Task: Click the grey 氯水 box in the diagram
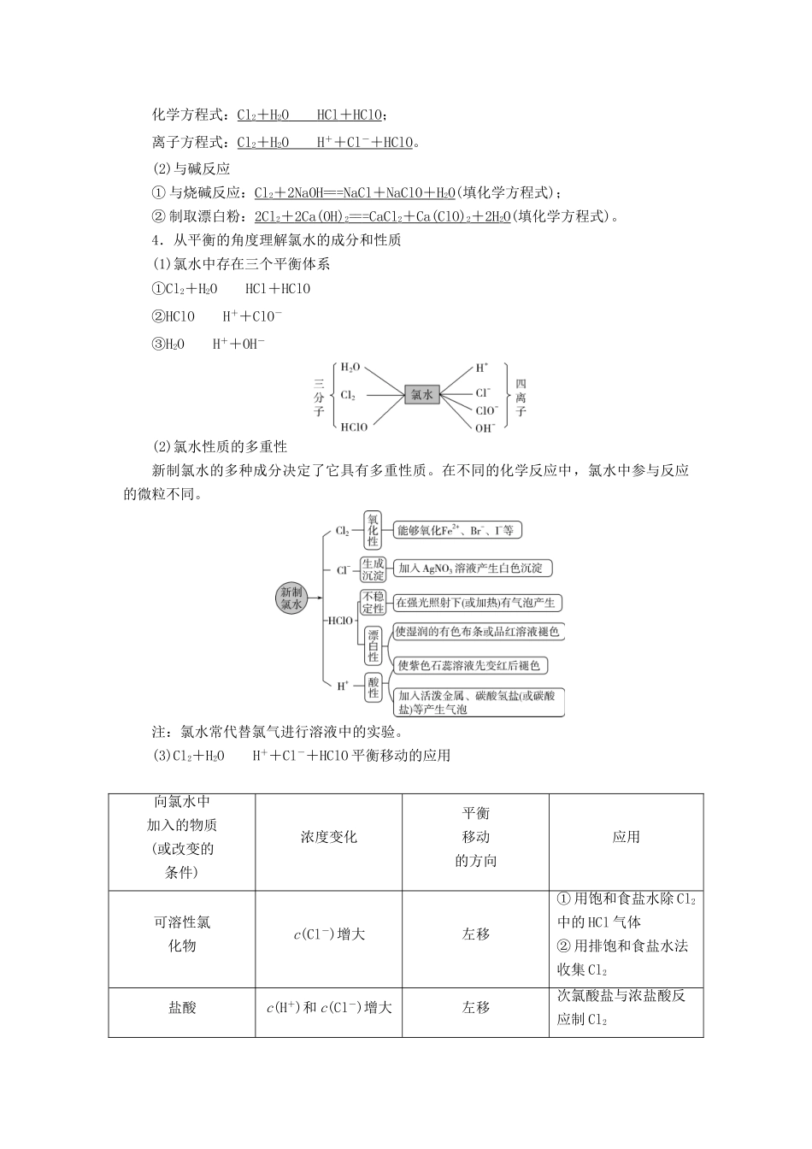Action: point(421,394)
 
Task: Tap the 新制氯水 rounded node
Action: point(291,598)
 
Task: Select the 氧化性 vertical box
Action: point(373,530)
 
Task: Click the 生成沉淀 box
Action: point(373,569)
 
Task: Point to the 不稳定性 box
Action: point(373,602)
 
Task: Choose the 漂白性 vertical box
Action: point(373,645)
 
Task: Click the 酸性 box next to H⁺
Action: point(374,686)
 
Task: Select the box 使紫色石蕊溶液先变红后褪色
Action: point(469,665)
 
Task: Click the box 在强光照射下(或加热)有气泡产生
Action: point(477,602)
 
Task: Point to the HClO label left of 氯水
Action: point(354,427)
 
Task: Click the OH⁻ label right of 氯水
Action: point(485,427)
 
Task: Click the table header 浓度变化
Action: point(328,838)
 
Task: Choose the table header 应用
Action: point(626,838)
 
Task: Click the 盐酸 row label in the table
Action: point(182,1008)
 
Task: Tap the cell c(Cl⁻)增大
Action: point(328,934)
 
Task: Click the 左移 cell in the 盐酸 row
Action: point(475,1008)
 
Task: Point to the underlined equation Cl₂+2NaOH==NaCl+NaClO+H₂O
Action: point(356,193)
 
